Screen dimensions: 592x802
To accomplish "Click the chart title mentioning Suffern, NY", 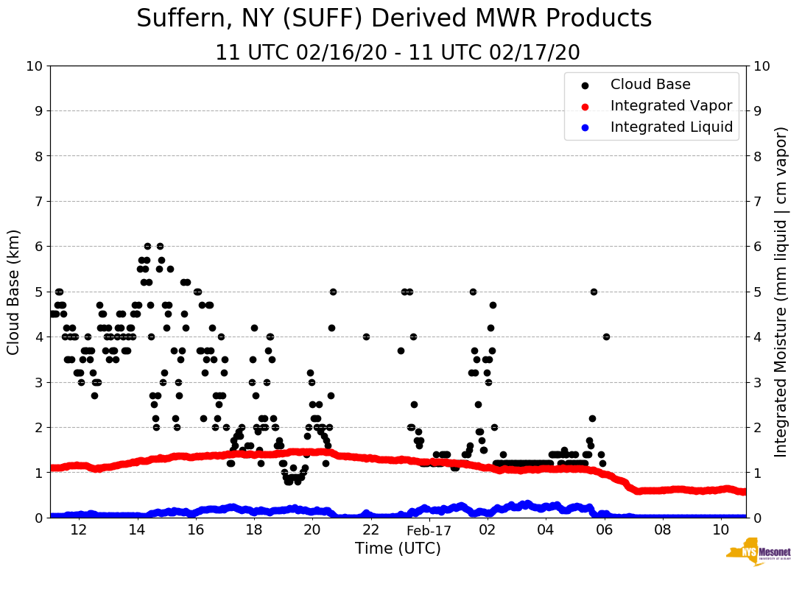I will point(394,19).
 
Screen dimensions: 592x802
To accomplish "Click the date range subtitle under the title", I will point(398,53).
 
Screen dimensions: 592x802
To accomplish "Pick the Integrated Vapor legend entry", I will point(671,106).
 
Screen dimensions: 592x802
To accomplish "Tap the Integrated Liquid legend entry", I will point(671,127).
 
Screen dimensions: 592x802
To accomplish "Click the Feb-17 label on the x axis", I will point(429,530).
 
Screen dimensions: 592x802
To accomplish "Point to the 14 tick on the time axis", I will point(137,530).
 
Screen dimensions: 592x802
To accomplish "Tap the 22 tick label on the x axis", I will point(370,530).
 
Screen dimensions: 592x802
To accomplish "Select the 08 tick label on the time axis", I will point(663,530).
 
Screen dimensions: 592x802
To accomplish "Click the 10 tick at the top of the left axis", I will point(34,66).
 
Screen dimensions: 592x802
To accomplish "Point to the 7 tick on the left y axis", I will point(38,202).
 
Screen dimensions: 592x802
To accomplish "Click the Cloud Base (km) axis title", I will point(14,292).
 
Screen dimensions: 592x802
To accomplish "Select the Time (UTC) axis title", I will point(398,549).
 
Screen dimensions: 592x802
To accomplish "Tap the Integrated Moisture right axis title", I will point(781,292).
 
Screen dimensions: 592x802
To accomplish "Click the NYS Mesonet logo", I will point(758,554).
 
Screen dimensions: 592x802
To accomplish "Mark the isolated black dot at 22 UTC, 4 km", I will point(366,336).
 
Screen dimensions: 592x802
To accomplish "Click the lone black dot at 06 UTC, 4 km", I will point(606,336).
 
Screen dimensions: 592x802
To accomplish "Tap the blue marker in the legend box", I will point(585,127).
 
